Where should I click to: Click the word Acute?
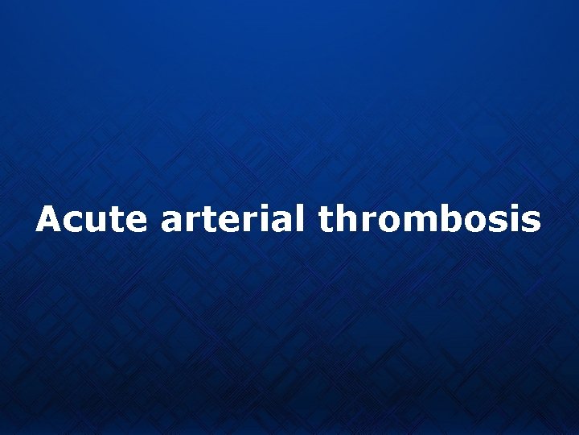(x=91, y=219)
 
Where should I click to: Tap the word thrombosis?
(x=429, y=219)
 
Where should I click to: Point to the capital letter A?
(x=47, y=219)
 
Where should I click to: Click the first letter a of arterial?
(x=171, y=222)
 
